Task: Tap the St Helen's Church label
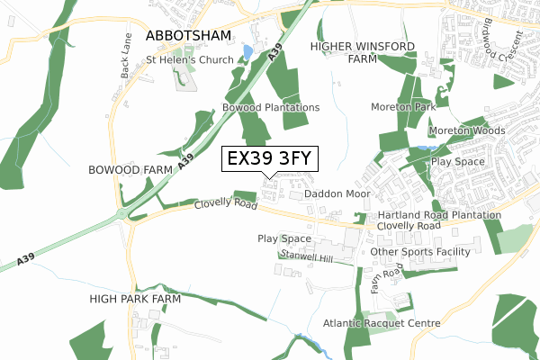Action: [189, 61]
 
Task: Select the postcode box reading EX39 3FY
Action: [269, 158]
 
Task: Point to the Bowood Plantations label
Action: [271, 107]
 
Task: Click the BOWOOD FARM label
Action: [125, 169]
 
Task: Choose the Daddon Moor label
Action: [337, 193]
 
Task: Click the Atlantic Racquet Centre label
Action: [382, 323]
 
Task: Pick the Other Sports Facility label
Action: [420, 252]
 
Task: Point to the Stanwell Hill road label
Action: [306, 256]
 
